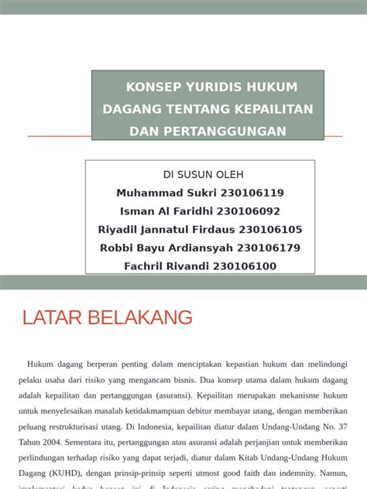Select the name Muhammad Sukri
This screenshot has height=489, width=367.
(x=165, y=193)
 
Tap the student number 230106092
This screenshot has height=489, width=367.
(x=249, y=211)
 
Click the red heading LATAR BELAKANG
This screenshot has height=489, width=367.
(x=108, y=317)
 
